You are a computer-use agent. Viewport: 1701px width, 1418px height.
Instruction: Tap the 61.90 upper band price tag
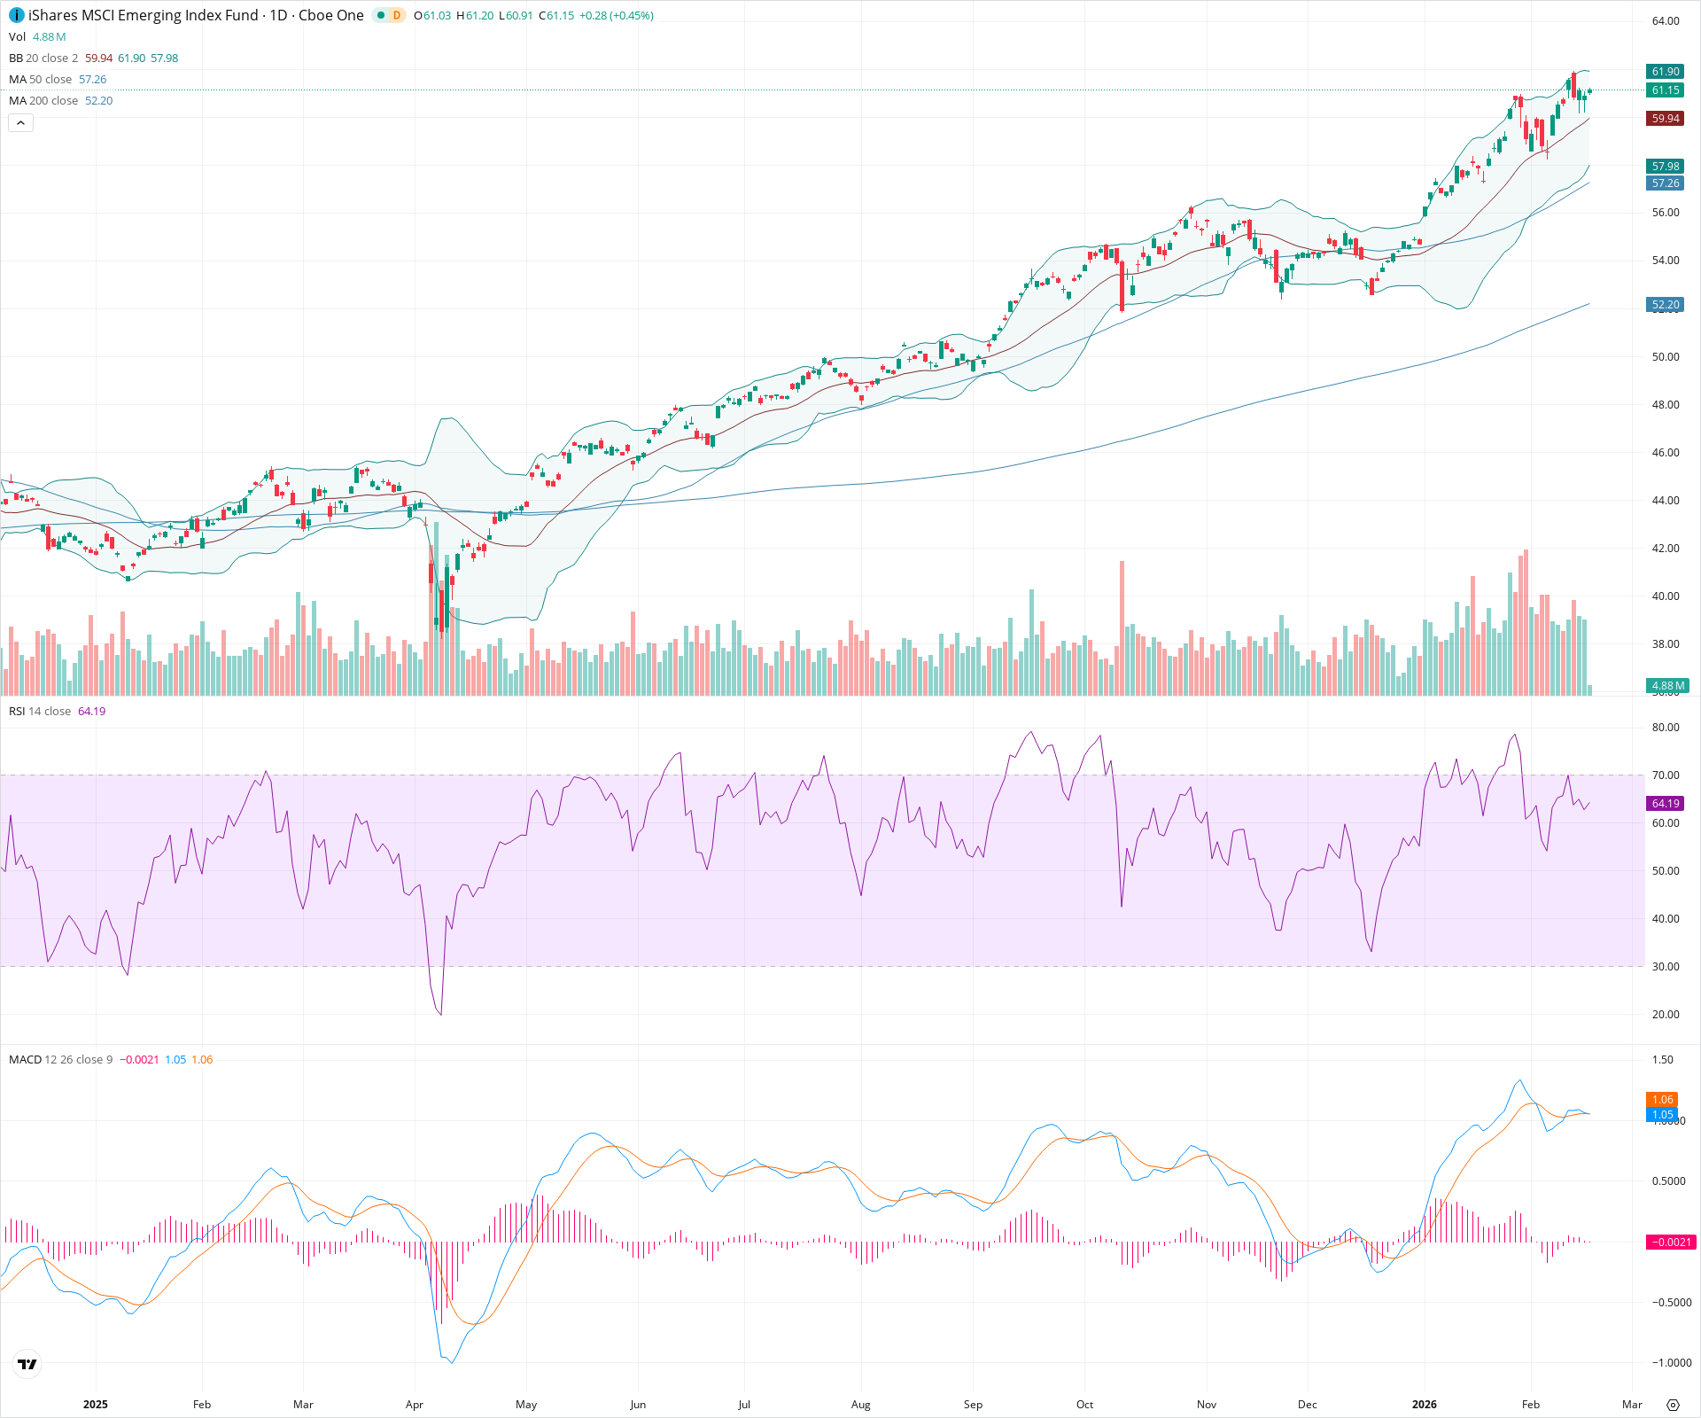pyautogui.click(x=1665, y=72)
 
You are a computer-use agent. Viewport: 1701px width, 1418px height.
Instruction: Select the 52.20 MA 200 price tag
pyautogui.click(x=1665, y=305)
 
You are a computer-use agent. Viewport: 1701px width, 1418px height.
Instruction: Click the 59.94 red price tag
pyautogui.click(x=1665, y=119)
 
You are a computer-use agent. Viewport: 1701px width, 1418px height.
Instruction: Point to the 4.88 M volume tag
pyautogui.click(x=1667, y=686)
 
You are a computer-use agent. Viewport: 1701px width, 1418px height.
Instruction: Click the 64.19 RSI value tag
pyautogui.click(x=1665, y=804)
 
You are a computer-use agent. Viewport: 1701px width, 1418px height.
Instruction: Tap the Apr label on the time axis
pyautogui.click(x=414, y=1405)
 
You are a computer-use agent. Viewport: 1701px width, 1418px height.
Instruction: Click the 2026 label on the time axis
pyautogui.click(x=1424, y=1405)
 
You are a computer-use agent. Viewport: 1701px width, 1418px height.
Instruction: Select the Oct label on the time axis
pyautogui.click(x=1084, y=1405)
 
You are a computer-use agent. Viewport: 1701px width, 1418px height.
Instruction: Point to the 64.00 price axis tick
pyautogui.click(x=1666, y=21)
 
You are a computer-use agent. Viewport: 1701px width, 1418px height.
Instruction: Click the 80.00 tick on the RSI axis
pyautogui.click(x=1666, y=728)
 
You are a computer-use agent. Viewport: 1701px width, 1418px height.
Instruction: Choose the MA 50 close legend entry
pyautogui.click(x=41, y=80)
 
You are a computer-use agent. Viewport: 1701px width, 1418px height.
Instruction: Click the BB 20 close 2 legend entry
pyautogui.click(x=43, y=58)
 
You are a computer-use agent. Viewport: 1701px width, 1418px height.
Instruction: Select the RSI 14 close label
pyautogui.click(x=40, y=712)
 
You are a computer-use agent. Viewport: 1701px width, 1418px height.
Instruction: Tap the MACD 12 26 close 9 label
pyautogui.click(x=60, y=1060)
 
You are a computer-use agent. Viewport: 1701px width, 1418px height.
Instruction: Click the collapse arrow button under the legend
pyautogui.click(x=20, y=123)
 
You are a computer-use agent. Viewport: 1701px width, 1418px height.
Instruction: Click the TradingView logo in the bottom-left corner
pyautogui.click(x=27, y=1365)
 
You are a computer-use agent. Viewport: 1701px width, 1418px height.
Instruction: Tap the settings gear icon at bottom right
pyautogui.click(x=1673, y=1405)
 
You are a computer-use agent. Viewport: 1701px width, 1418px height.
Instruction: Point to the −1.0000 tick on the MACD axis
pyautogui.click(x=1671, y=1363)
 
